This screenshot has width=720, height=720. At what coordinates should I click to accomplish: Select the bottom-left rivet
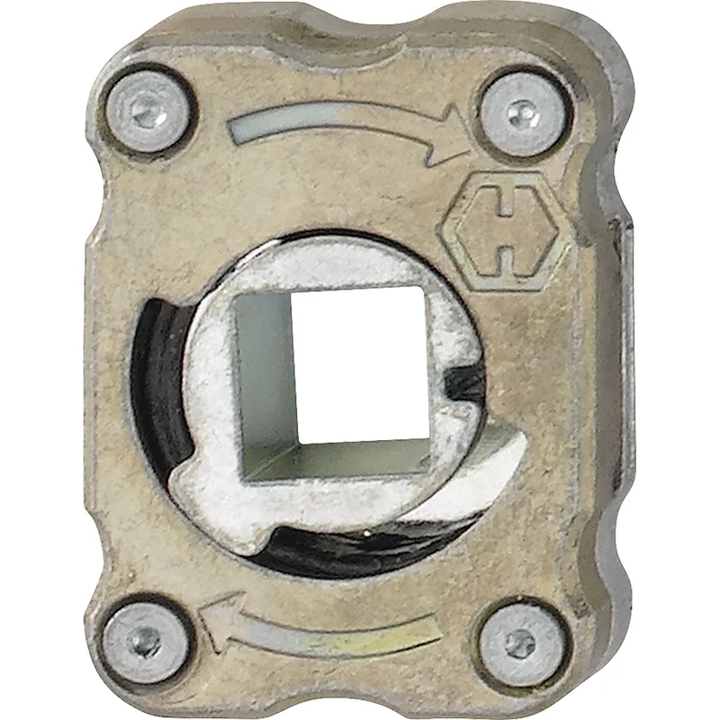click(x=143, y=641)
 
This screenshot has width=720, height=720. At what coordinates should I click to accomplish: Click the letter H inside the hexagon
click(x=507, y=231)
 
